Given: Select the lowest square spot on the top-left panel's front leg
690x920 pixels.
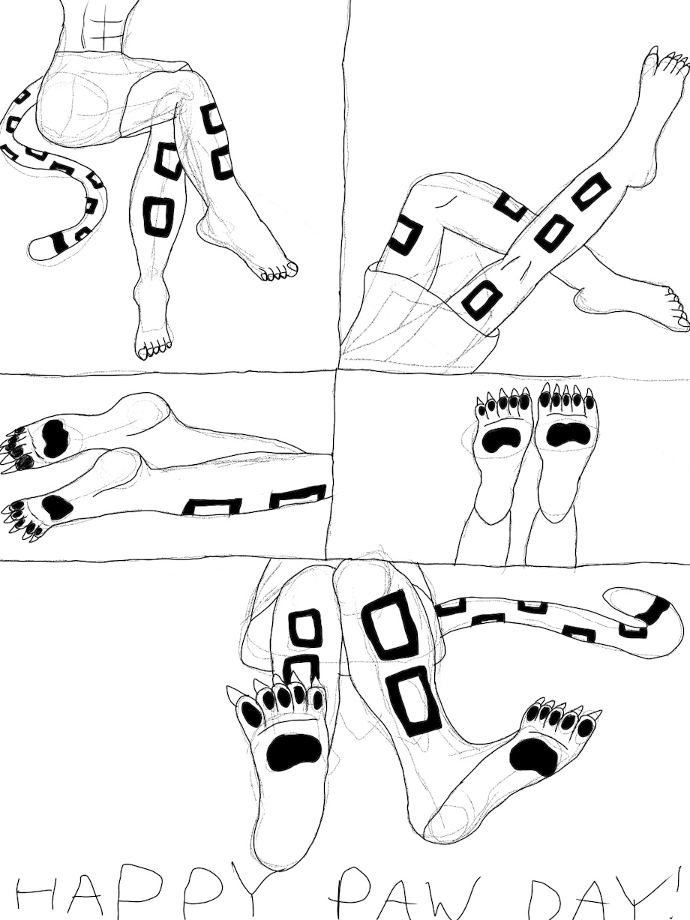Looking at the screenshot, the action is coord(158,217).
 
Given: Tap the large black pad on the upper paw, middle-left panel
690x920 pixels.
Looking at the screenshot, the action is coord(55,438).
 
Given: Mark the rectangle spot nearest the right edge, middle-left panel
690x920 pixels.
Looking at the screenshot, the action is coord(298,496).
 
